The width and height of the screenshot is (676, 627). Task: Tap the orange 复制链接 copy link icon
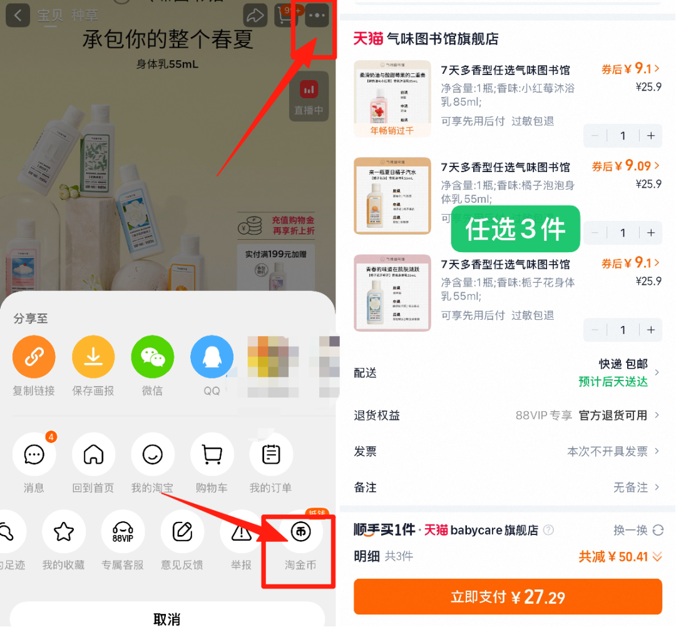point(34,357)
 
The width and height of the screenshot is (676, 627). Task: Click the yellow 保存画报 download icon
point(93,357)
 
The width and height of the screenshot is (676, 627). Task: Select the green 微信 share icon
point(152,357)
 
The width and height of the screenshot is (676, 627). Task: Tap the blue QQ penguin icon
point(212,357)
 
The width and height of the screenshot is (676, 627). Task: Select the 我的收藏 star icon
point(63,532)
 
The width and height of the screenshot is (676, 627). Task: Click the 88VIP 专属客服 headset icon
point(123,532)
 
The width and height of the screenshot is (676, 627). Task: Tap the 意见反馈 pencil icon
point(182,532)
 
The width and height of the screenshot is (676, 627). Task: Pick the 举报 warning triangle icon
point(241,532)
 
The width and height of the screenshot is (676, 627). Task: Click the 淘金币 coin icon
point(300,532)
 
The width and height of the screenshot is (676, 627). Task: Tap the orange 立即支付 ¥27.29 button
point(508,597)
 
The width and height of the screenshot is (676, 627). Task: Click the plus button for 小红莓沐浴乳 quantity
point(651,136)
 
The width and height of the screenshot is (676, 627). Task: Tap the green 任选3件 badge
point(515,230)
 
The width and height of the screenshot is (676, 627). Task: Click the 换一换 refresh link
point(638,530)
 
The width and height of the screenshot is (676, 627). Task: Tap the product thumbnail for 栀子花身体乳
point(392,293)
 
